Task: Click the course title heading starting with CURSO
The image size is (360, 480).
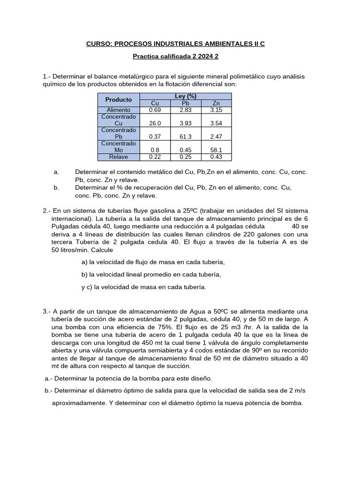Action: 175,44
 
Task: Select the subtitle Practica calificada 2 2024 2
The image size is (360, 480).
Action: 175,57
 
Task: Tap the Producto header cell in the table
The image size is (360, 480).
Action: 119,100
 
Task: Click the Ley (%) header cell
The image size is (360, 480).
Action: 185,96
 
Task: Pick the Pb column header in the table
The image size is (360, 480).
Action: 185,103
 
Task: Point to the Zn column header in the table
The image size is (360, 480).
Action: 216,103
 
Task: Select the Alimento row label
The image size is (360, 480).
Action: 119,110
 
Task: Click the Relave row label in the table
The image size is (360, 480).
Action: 119,157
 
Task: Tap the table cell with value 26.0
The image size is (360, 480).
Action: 155,123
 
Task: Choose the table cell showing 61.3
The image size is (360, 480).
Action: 185,136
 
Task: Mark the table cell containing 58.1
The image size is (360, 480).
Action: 216,150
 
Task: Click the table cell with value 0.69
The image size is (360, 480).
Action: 155,110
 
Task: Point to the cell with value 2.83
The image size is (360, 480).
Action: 185,110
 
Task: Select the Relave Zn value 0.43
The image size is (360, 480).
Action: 216,157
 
